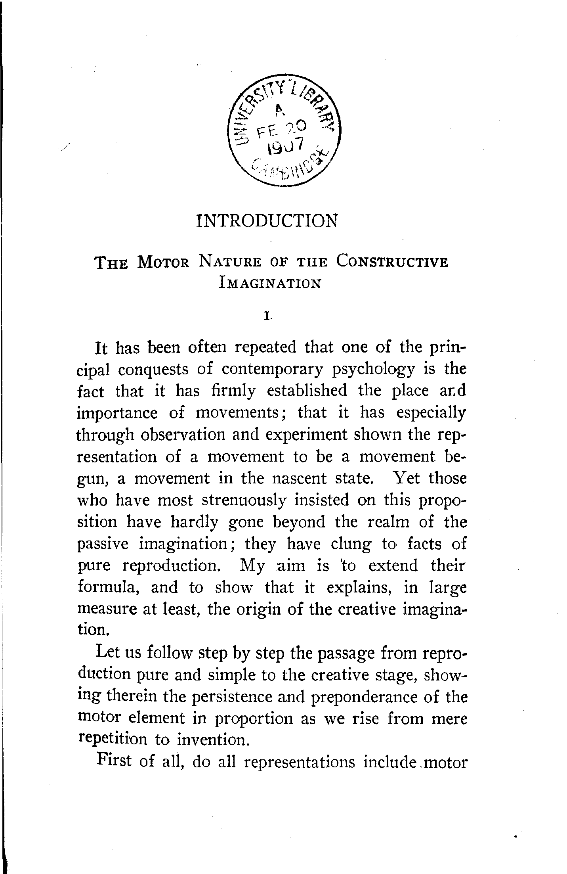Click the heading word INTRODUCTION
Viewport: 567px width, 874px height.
(x=267, y=221)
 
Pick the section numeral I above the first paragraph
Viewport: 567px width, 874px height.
(x=268, y=316)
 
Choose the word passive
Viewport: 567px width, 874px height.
(x=103, y=544)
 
